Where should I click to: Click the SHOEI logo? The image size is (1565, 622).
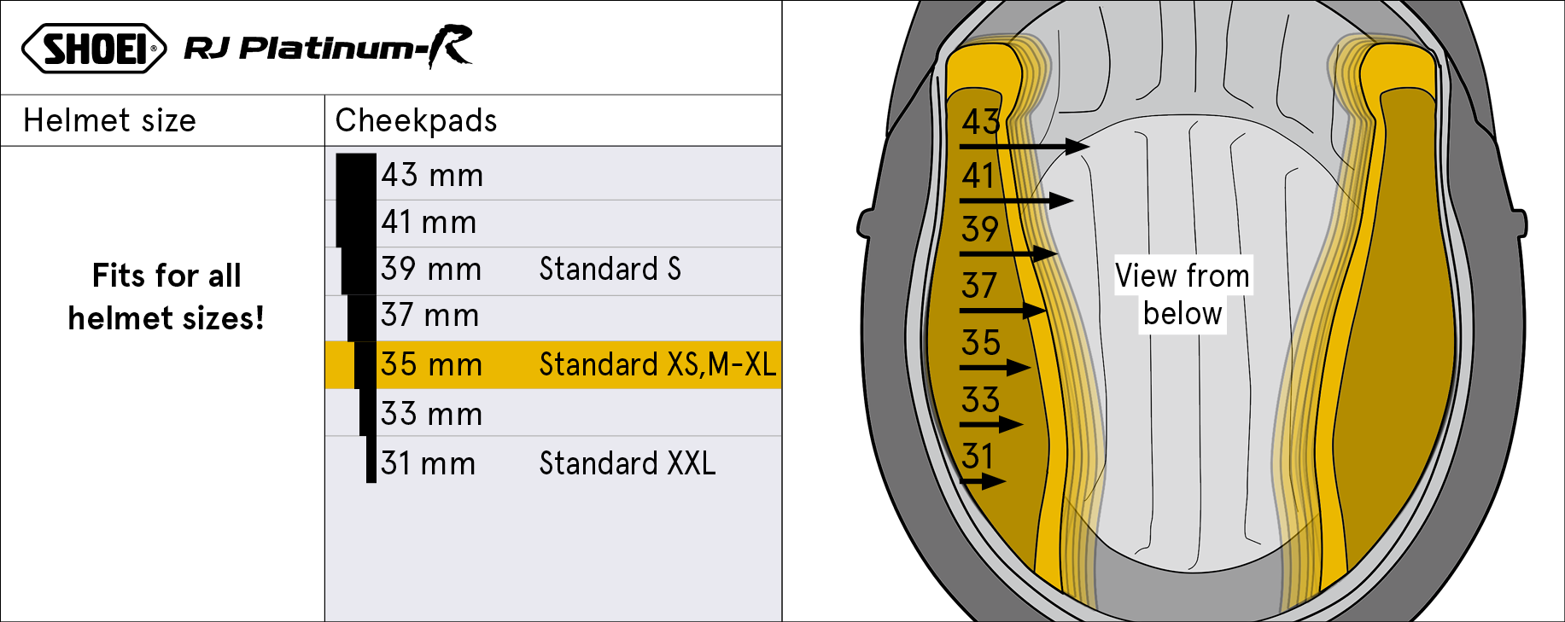(x=94, y=49)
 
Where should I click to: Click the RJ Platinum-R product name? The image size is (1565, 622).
(x=329, y=47)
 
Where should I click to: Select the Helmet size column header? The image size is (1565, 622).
(x=109, y=120)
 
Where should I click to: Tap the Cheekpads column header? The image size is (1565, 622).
(x=416, y=120)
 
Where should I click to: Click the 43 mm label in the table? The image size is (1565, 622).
(x=432, y=175)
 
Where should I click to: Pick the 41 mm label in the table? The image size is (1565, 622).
(x=429, y=222)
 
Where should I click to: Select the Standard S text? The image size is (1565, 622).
(x=610, y=269)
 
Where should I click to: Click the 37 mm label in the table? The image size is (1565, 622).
(x=429, y=315)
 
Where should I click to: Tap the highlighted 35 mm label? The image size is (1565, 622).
(x=431, y=364)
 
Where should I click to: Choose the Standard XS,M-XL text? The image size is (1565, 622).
(x=657, y=364)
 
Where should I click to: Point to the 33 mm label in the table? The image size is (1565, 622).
(x=431, y=414)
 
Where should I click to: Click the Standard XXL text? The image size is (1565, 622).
(x=628, y=463)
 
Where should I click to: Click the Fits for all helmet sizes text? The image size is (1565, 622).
(x=166, y=297)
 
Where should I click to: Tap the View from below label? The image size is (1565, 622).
(x=1183, y=294)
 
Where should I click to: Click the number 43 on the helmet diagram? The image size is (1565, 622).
(x=981, y=122)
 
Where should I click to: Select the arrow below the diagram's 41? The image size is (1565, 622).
(x=1016, y=201)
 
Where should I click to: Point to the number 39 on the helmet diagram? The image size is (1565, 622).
(x=980, y=229)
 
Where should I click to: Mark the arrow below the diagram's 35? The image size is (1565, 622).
(x=995, y=368)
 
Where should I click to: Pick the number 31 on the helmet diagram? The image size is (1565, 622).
(x=978, y=456)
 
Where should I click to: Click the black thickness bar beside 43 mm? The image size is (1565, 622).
(x=356, y=177)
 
